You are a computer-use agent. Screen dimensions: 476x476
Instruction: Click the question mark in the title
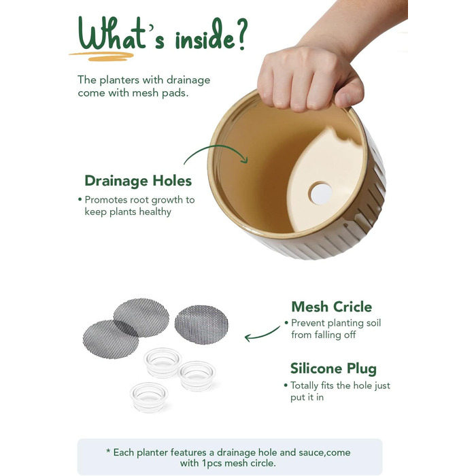tap(241, 33)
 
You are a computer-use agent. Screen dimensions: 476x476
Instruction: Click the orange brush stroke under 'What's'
tap(101, 56)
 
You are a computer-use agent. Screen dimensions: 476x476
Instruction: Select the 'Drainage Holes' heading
tap(138, 181)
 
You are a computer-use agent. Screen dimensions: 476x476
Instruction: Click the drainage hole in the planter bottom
tap(320, 193)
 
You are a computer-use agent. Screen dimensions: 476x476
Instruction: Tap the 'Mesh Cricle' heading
tap(332, 307)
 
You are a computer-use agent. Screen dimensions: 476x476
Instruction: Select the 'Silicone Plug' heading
tap(333, 369)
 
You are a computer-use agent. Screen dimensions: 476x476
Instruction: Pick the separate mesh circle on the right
tap(201, 324)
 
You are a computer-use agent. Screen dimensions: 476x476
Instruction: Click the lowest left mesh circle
tap(110, 339)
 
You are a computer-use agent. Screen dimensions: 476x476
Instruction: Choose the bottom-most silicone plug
tap(149, 397)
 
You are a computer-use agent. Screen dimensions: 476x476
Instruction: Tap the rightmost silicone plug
tap(197, 376)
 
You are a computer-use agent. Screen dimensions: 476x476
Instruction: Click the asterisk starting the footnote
tap(108, 452)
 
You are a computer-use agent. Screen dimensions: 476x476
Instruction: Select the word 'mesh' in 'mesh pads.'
tap(146, 93)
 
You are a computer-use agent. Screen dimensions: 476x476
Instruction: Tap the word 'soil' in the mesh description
tap(374, 323)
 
